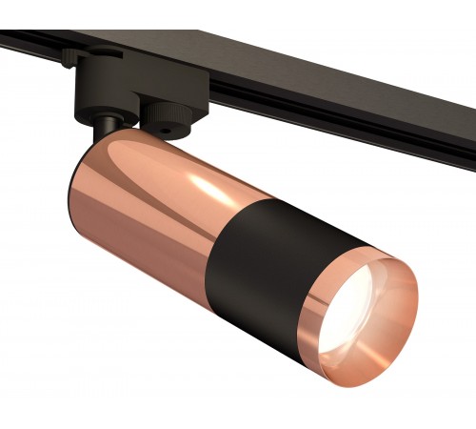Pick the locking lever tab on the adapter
tap(71, 59)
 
